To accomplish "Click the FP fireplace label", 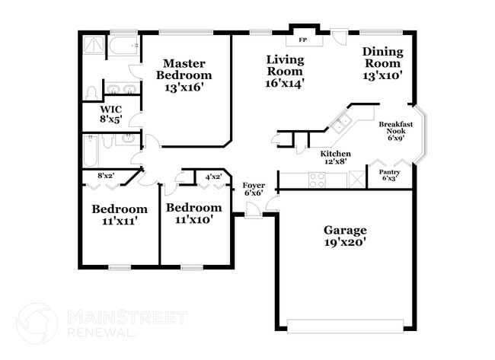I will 302,39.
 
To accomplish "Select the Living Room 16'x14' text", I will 286,71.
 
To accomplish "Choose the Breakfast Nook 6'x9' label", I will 395,130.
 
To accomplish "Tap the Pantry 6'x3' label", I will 389,176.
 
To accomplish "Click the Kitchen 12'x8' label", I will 335,158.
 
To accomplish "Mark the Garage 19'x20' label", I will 345,236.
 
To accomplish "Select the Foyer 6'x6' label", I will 254,189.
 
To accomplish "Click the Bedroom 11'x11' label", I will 120,215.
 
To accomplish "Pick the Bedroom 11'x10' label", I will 194,213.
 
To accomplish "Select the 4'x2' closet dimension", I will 212,177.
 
